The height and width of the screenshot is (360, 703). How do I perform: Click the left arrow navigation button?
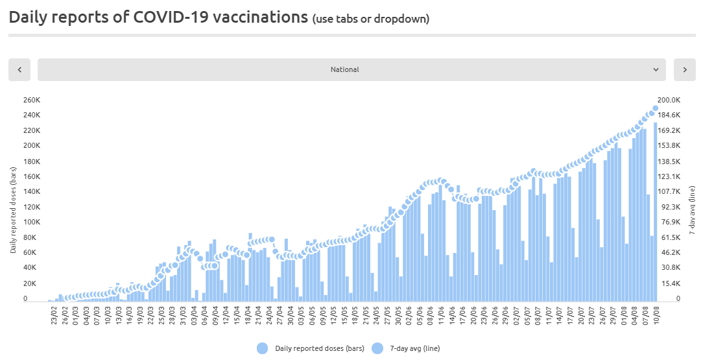click(x=19, y=69)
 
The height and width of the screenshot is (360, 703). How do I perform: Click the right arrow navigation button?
click(x=685, y=69)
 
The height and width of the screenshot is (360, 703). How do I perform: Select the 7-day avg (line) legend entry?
click(x=406, y=348)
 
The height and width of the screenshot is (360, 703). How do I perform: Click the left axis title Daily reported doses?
click(x=13, y=210)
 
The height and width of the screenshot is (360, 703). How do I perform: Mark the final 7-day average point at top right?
click(x=656, y=108)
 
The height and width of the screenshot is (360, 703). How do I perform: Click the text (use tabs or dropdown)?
click(x=371, y=19)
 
